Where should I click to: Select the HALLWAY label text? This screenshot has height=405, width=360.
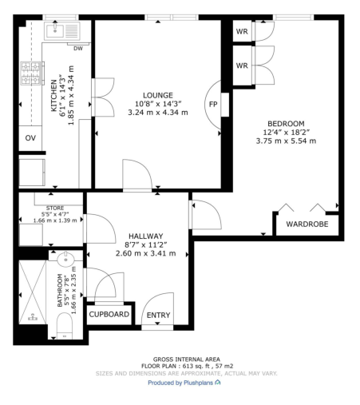(x=145, y=236)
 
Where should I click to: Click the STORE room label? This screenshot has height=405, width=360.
(x=53, y=208)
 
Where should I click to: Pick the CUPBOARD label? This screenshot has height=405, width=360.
(x=109, y=315)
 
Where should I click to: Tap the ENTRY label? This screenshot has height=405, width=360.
(x=158, y=316)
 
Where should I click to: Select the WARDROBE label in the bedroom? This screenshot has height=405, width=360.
(x=307, y=224)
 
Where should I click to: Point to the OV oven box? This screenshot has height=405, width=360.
(x=30, y=138)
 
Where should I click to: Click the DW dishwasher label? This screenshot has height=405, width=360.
(x=78, y=48)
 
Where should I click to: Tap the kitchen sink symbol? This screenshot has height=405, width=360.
(x=58, y=31)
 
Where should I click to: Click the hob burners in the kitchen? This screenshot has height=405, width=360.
(x=31, y=74)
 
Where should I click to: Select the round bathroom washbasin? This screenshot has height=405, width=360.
(x=66, y=260)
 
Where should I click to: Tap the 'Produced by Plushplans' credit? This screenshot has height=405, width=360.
(x=180, y=383)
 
